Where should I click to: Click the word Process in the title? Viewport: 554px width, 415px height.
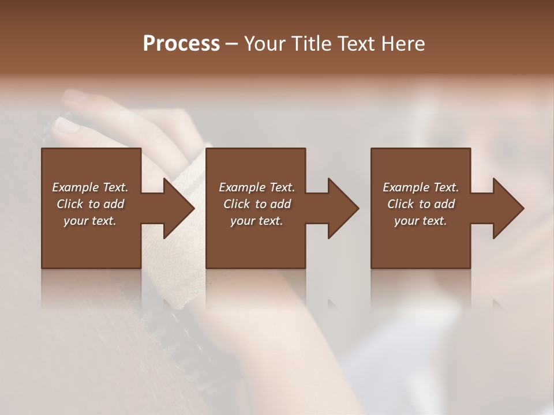[x=181, y=43]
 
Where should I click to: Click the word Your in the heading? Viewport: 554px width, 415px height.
[x=263, y=43]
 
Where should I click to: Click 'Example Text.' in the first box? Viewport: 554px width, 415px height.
[x=90, y=187]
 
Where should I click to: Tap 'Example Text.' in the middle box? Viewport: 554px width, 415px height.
[x=257, y=187]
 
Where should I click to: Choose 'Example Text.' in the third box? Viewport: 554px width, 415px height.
[x=421, y=187]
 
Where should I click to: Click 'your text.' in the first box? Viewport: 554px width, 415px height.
[x=90, y=221]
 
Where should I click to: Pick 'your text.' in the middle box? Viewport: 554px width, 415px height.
[x=257, y=221]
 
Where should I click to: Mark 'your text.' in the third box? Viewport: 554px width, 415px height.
[x=421, y=221]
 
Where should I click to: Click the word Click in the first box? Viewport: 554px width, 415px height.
[x=70, y=204]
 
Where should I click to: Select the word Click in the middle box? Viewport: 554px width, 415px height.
[x=237, y=204]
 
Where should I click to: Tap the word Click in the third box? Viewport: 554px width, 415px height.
[x=400, y=204]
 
